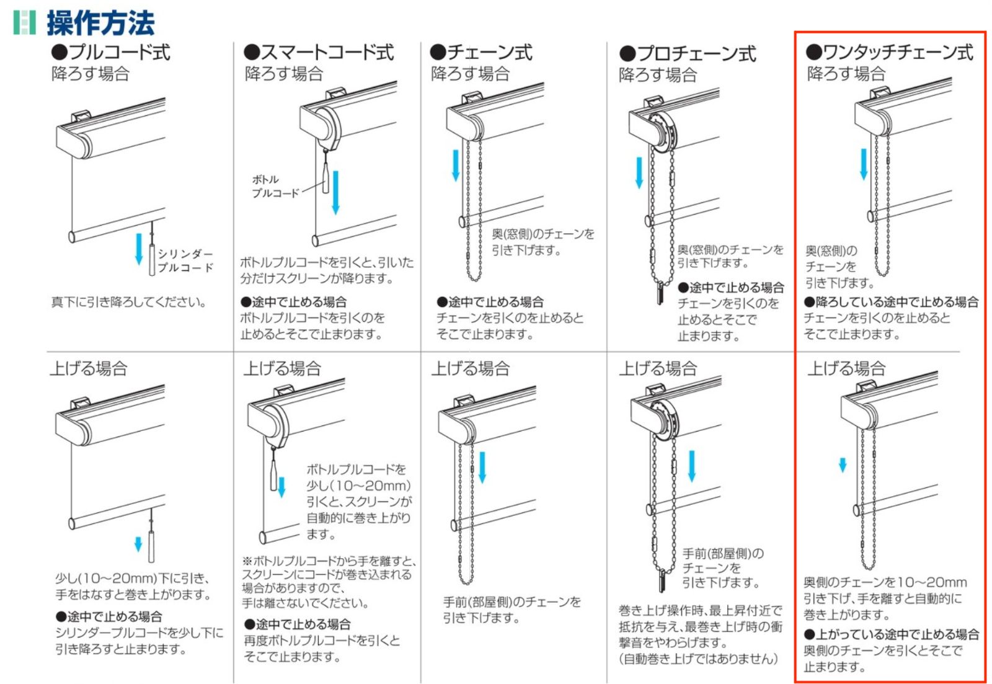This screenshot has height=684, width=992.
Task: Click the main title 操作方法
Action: click(100, 22)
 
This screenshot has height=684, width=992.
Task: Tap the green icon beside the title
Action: click(24, 22)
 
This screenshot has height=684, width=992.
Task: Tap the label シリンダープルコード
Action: click(185, 260)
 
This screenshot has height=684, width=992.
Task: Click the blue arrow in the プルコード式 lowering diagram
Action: click(139, 249)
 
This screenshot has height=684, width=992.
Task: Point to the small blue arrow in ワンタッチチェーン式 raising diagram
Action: click(843, 464)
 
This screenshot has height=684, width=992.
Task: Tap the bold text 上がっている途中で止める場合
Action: click(892, 634)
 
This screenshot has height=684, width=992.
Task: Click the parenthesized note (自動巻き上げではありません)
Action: click(698, 659)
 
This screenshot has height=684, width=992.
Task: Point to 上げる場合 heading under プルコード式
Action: click(89, 368)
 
